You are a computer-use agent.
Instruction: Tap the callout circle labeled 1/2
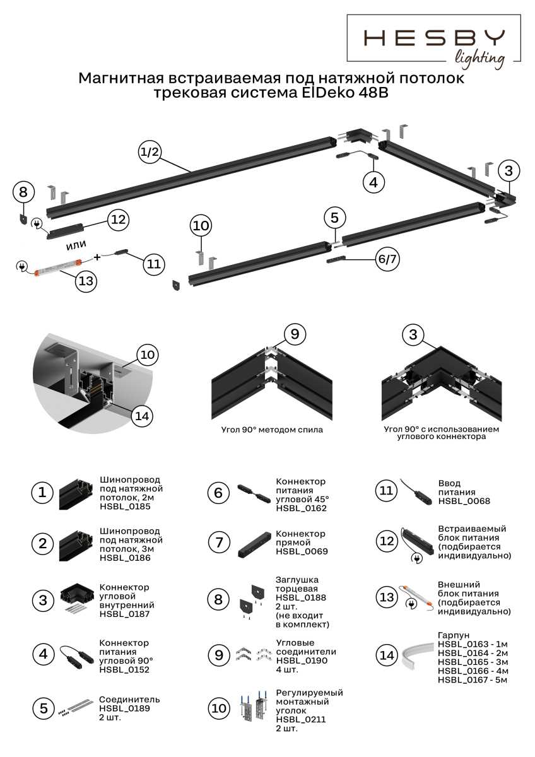point(151,152)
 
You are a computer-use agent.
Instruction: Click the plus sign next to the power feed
point(97,257)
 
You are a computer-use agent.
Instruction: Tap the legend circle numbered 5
point(43,708)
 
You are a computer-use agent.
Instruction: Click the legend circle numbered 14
point(386,655)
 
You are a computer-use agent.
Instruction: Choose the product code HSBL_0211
point(300,720)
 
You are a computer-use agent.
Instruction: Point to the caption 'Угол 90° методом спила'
point(272,430)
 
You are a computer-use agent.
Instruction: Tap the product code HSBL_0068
point(464,501)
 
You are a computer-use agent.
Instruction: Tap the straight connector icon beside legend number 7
point(250,544)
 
